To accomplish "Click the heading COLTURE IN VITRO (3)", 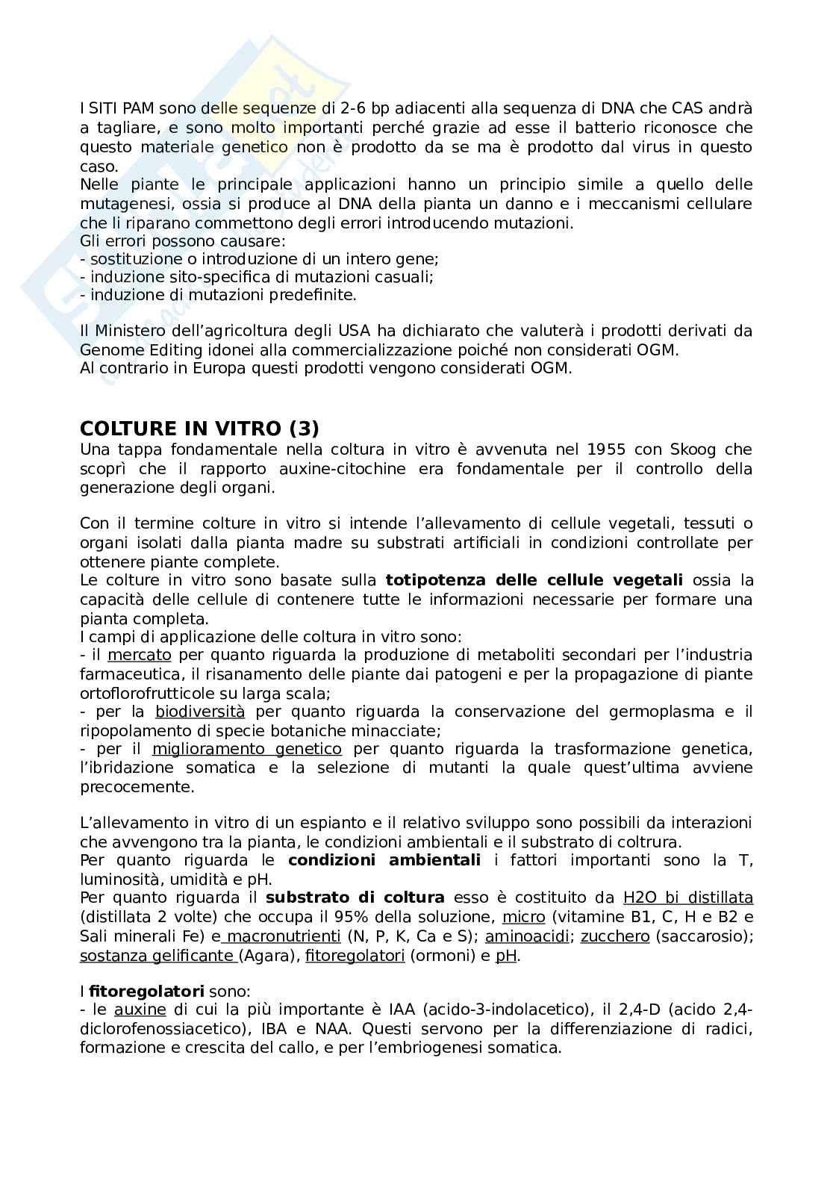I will (x=199, y=428).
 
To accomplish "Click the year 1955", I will (x=606, y=449).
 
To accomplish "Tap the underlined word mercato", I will (x=140, y=655).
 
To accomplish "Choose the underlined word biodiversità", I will (x=200, y=712).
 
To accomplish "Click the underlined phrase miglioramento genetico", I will (x=247, y=749).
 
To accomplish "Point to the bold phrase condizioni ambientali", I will (x=384, y=860).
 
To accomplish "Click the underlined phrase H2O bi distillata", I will (x=687, y=898).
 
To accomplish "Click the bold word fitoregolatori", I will (x=146, y=992).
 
